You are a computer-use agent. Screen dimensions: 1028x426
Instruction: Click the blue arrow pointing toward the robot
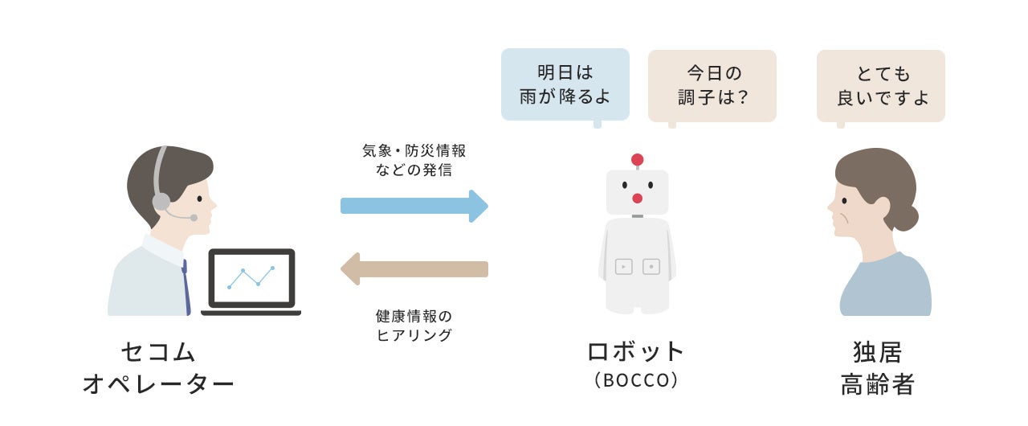pyautogui.click(x=414, y=206)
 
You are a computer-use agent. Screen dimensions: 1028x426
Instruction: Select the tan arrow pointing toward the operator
pyautogui.click(x=414, y=269)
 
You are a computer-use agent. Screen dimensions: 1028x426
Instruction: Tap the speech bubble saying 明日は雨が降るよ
pyautogui.click(x=565, y=84)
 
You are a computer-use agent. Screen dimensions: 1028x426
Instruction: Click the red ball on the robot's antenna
pyautogui.click(x=638, y=159)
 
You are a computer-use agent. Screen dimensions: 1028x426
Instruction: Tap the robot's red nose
pyautogui.click(x=637, y=199)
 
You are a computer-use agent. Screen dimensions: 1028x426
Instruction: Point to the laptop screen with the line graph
pyautogui.click(x=251, y=277)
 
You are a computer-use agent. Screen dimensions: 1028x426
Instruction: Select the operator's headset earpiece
pyautogui.click(x=161, y=201)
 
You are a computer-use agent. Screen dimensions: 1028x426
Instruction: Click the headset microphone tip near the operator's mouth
pyautogui.click(x=194, y=218)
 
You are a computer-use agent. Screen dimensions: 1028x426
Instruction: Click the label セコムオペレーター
pyautogui.click(x=158, y=368)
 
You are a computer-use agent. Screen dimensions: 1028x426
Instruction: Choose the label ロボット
pyautogui.click(x=636, y=351)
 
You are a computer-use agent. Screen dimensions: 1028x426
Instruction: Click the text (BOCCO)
pyautogui.click(x=636, y=380)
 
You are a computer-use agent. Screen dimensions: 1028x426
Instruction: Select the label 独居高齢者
pyautogui.click(x=877, y=368)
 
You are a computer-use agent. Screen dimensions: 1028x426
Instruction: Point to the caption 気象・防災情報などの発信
pyautogui.click(x=414, y=160)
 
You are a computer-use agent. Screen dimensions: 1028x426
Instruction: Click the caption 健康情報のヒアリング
pyautogui.click(x=414, y=326)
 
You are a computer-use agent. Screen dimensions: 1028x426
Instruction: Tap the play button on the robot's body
pyautogui.click(x=624, y=266)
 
